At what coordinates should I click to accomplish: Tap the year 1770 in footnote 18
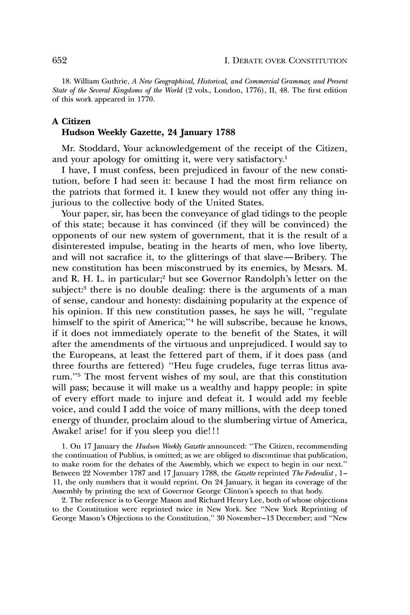143,99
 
